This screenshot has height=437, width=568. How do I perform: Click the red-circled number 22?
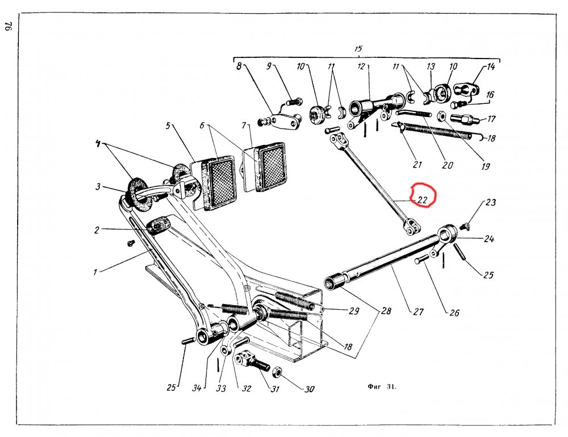tap(423, 199)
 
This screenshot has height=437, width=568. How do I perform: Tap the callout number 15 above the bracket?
tap(358, 48)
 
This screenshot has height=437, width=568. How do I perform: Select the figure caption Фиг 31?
tap(382, 386)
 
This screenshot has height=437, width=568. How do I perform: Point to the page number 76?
tap(9, 27)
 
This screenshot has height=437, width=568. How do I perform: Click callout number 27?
tap(419, 311)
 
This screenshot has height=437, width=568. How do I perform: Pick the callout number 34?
tap(197, 388)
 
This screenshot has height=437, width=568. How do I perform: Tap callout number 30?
tap(309, 389)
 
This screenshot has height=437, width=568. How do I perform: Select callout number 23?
tap(491, 202)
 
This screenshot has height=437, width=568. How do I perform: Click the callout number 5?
tap(168, 126)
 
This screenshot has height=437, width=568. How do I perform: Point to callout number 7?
tap(244, 126)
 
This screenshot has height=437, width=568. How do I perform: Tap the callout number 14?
tap(491, 67)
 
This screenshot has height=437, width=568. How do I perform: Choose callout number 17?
tap(491, 119)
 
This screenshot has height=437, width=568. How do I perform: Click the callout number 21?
tap(417, 164)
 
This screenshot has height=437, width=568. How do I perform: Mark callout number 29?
tap(353, 311)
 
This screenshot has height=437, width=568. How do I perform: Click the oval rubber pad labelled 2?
tap(157, 226)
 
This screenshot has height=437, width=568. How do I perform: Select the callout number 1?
tap(95, 272)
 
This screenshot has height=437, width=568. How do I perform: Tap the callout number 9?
tap(269, 66)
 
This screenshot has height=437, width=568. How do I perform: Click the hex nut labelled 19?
tap(441, 115)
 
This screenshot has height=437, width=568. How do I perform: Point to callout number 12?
tap(361, 66)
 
